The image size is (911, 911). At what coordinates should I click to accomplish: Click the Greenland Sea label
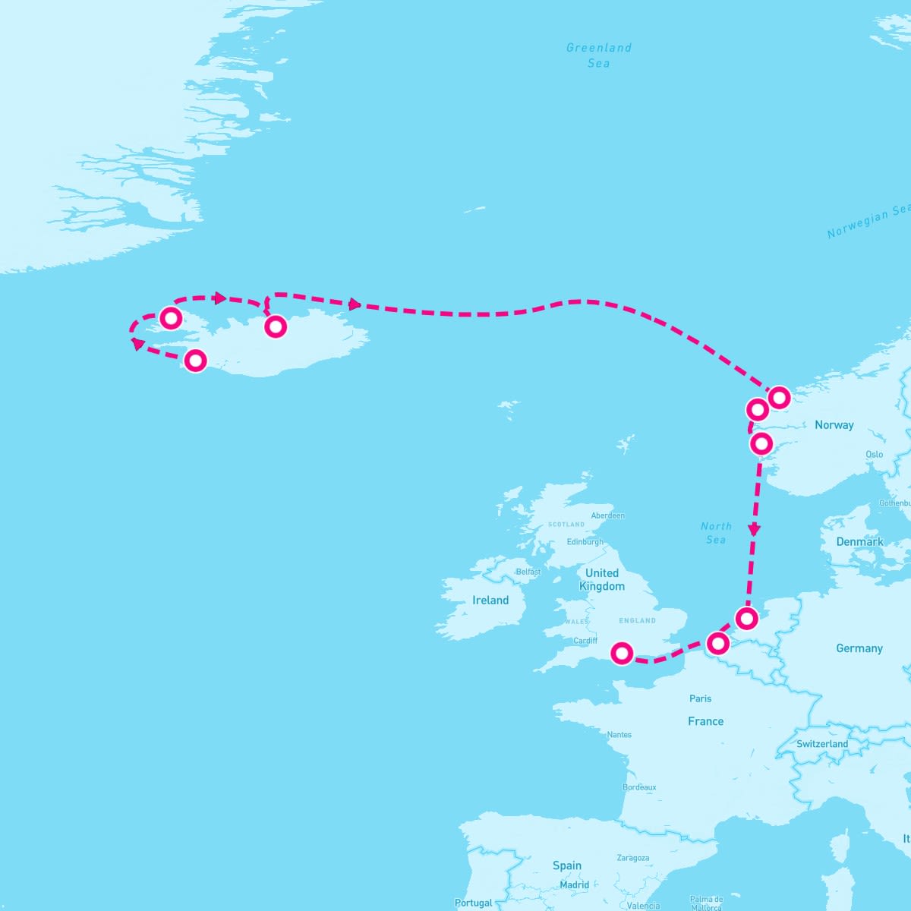click(598, 55)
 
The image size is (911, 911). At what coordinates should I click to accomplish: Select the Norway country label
click(834, 425)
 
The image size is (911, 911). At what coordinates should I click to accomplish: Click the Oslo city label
click(874, 454)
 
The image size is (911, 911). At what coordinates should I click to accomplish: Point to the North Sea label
click(716, 533)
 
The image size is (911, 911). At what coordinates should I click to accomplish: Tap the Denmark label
click(859, 542)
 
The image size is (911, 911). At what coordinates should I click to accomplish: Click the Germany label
click(859, 648)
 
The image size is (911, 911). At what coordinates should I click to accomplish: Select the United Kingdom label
click(602, 579)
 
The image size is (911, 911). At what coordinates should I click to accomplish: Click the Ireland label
click(490, 601)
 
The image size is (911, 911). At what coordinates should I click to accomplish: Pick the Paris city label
click(700, 698)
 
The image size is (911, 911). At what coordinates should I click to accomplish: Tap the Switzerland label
click(822, 744)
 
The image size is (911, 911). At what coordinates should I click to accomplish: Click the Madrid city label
click(574, 884)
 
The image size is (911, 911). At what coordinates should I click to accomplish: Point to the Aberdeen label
click(607, 515)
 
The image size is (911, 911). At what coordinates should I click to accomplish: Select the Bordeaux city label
click(639, 787)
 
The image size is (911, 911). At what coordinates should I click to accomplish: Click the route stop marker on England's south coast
click(622, 652)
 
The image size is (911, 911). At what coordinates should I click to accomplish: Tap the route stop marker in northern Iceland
click(276, 326)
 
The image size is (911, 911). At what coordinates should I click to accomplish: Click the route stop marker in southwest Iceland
click(195, 360)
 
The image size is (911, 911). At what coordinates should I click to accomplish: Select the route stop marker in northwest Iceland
click(171, 317)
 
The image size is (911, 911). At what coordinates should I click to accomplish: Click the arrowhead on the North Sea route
click(754, 530)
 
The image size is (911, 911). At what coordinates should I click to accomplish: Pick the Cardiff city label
click(585, 641)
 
